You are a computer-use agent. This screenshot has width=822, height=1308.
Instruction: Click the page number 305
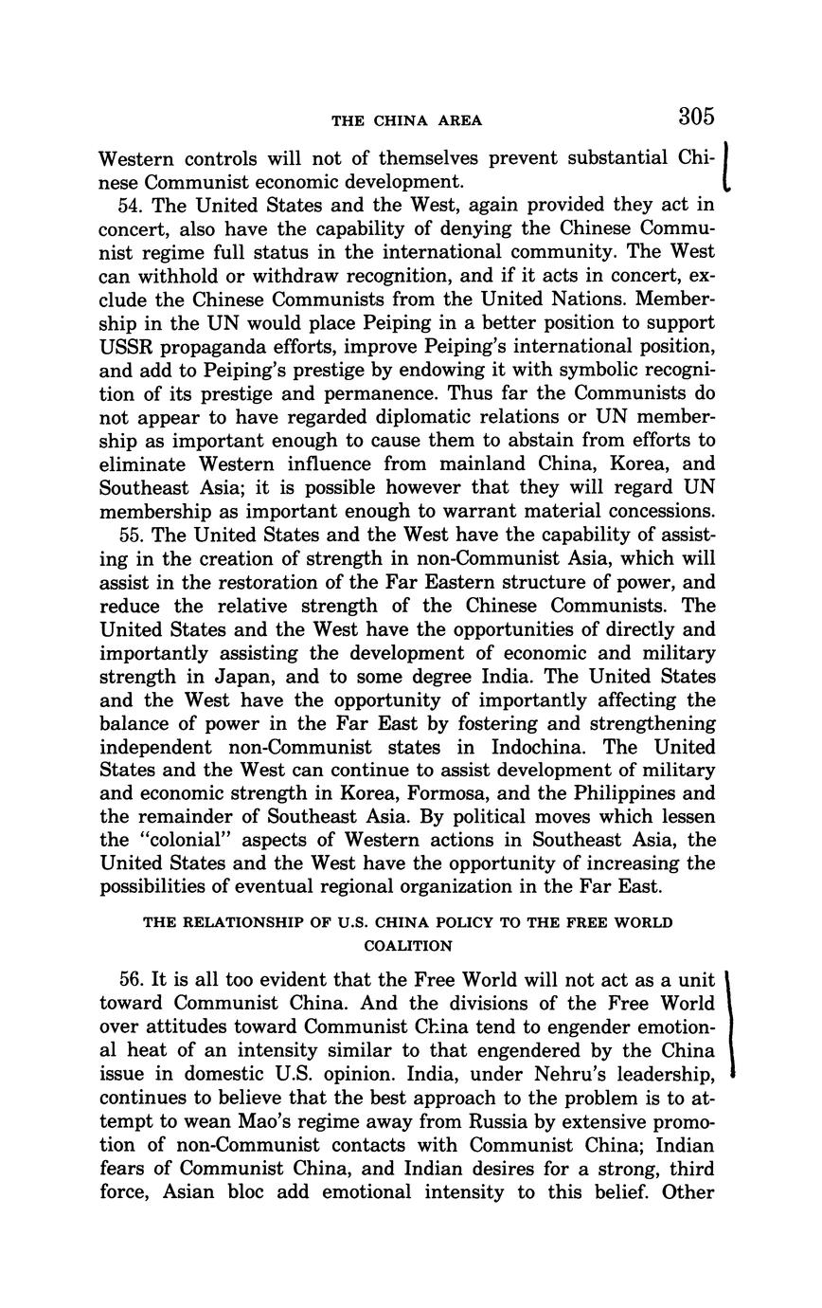(x=695, y=117)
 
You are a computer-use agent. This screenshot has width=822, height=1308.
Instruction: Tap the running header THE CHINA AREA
(x=406, y=120)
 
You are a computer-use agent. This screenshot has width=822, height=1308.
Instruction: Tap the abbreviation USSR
(x=128, y=346)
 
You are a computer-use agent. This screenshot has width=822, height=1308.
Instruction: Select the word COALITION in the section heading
(x=407, y=945)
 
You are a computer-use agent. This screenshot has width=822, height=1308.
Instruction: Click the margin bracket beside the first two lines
(x=725, y=168)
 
